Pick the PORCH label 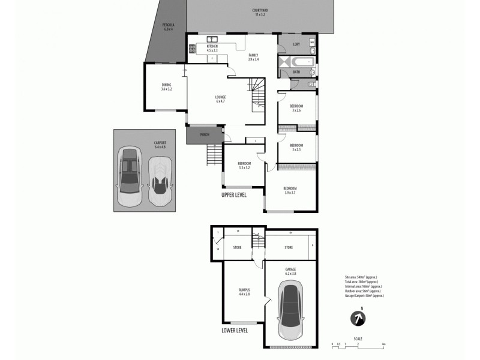203,134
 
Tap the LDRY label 296,44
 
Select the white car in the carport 159,175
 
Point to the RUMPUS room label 244,291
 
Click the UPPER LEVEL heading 234,195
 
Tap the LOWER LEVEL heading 234,330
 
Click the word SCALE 358,339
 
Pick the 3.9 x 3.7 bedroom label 290,190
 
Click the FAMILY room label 254,57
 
